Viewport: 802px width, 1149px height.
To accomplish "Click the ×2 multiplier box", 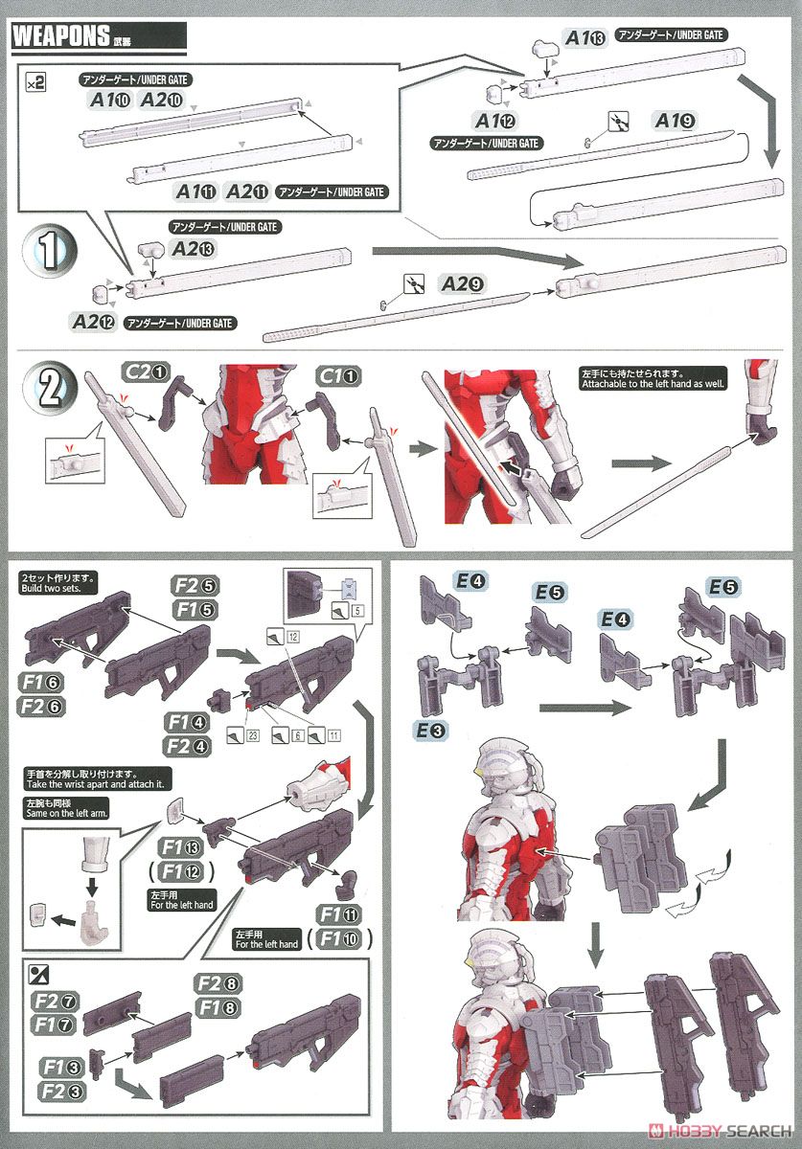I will point(35,84).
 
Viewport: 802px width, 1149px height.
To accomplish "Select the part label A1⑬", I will point(584,37).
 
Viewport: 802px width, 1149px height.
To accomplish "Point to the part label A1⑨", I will point(675,121).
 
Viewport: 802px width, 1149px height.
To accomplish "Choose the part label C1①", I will point(339,375).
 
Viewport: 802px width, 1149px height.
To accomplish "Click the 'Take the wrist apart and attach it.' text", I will point(94,782).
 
